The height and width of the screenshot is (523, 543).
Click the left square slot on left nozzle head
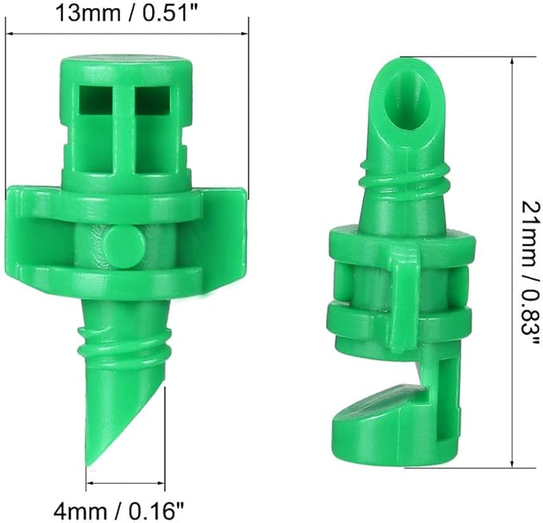(95, 100)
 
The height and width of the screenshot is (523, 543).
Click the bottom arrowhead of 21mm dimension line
(512, 463)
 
